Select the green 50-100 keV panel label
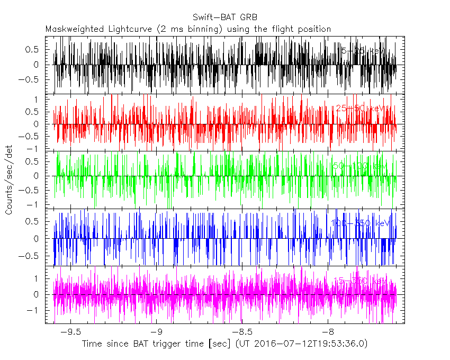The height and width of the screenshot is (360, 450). pyautogui.click(x=359, y=166)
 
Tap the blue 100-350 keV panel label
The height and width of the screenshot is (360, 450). pyautogui.click(x=359, y=223)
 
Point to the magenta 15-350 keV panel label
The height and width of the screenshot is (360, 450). pyautogui.click(x=359, y=280)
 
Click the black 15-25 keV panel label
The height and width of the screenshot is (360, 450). pyautogui.click(x=362, y=51)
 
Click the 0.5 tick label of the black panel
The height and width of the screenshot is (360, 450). pyautogui.click(x=33, y=49)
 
